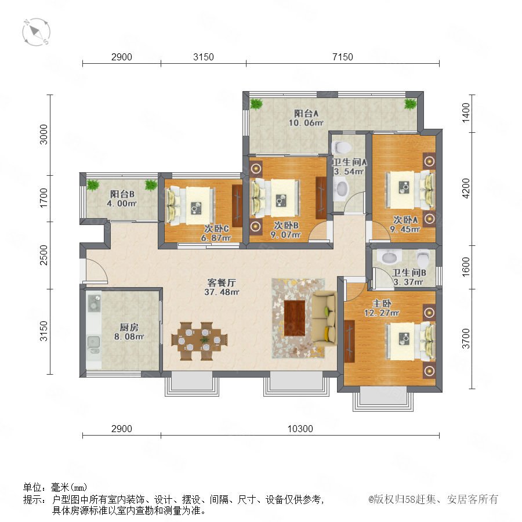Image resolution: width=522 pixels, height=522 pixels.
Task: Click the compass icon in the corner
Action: pyautogui.click(x=36, y=32)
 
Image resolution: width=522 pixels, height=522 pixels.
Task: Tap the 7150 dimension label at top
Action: pyautogui.click(x=343, y=57)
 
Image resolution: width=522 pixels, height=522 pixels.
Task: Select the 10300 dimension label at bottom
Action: pyautogui.click(x=300, y=429)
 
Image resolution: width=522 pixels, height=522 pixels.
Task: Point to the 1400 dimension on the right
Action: pyautogui.click(x=466, y=113)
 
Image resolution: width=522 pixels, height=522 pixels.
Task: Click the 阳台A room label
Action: pyautogui.click(x=306, y=113)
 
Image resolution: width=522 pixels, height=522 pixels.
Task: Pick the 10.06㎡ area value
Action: pyautogui.click(x=306, y=122)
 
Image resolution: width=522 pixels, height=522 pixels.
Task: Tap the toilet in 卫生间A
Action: pyautogui.click(x=341, y=147)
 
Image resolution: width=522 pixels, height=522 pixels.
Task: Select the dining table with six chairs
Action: pyautogui.click(x=200, y=341)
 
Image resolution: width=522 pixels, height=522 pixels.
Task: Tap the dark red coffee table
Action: pyautogui.click(x=295, y=318)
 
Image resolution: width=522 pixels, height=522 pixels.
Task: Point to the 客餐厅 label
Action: pyautogui.click(x=222, y=282)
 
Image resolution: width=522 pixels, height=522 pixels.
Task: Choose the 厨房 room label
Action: pyautogui.click(x=129, y=327)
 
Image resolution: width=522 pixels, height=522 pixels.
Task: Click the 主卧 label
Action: pyautogui.click(x=382, y=303)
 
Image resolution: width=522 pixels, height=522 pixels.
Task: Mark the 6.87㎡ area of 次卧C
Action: pyautogui.click(x=216, y=238)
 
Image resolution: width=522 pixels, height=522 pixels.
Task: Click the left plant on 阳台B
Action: pyautogui.click(x=93, y=185)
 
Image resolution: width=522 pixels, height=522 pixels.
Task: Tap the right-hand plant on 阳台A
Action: pyautogui.click(x=410, y=104)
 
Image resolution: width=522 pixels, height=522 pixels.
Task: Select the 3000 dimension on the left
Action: pyautogui.click(x=43, y=135)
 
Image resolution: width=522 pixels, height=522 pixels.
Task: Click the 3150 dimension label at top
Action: pyautogui.click(x=204, y=57)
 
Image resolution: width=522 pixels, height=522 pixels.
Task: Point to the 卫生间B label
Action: pyautogui.click(x=409, y=273)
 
